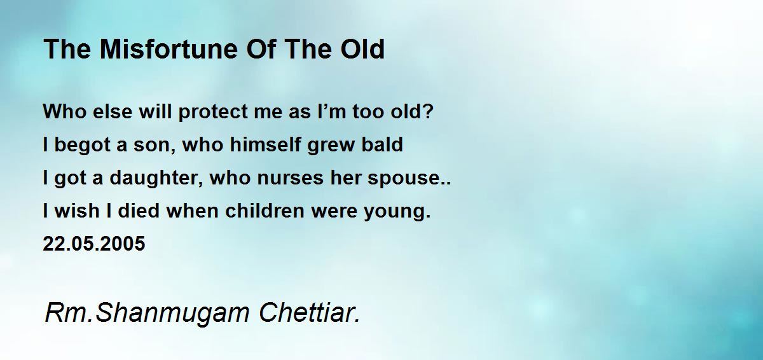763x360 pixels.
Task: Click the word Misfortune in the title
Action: point(168,49)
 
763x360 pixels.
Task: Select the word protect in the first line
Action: point(213,113)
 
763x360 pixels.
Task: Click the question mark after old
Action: point(429,111)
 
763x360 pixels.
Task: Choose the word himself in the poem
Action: point(265,144)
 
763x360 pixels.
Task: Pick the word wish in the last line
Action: point(77,211)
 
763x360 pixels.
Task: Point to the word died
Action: point(139,211)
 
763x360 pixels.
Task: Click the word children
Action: point(265,211)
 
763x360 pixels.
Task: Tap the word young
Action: point(394,212)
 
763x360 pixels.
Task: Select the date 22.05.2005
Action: point(94,244)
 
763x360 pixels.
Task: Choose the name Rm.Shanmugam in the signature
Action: point(147,314)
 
